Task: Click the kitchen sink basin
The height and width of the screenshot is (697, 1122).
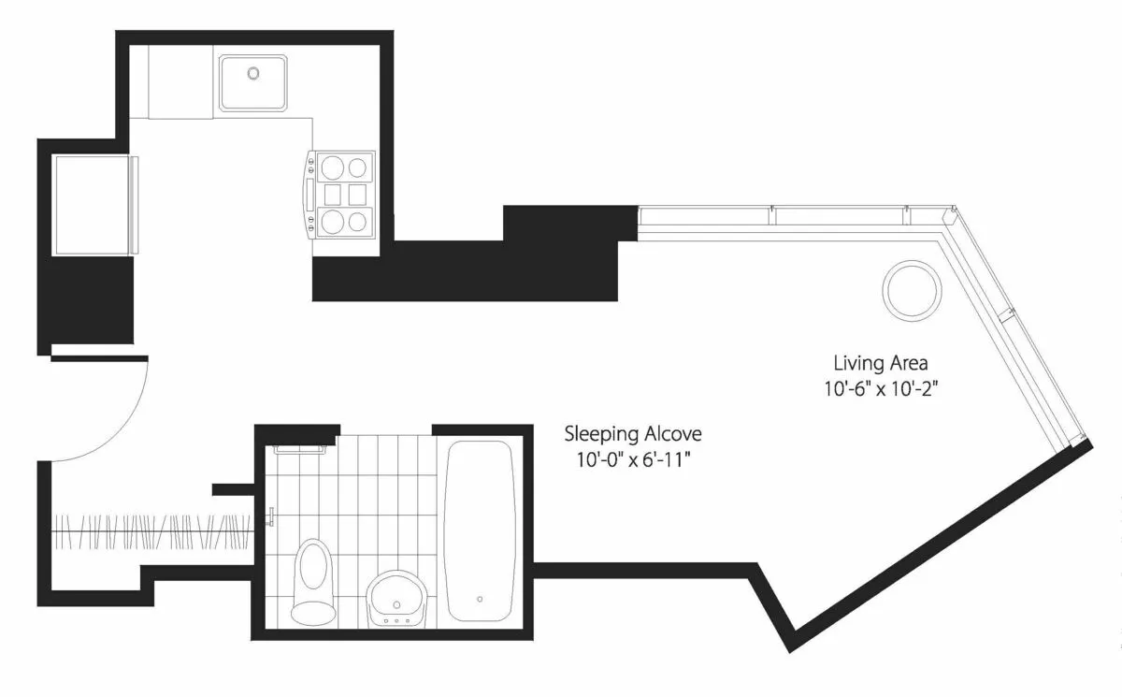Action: [x=253, y=82]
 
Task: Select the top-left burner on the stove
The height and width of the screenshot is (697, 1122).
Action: [x=332, y=168]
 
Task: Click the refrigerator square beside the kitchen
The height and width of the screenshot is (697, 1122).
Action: [x=91, y=205]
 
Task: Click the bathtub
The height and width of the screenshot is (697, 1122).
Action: [x=480, y=530]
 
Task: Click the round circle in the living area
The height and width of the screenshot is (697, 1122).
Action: [x=911, y=289]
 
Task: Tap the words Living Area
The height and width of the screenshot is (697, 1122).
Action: [x=880, y=362]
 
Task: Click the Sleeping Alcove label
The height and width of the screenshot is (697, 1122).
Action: [x=632, y=434]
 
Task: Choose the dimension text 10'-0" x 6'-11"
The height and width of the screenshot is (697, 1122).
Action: [x=632, y=460]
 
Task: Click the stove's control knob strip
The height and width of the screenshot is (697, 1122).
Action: [x=309, y=195]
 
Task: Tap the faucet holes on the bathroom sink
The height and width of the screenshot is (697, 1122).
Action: [x=396, y=619]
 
